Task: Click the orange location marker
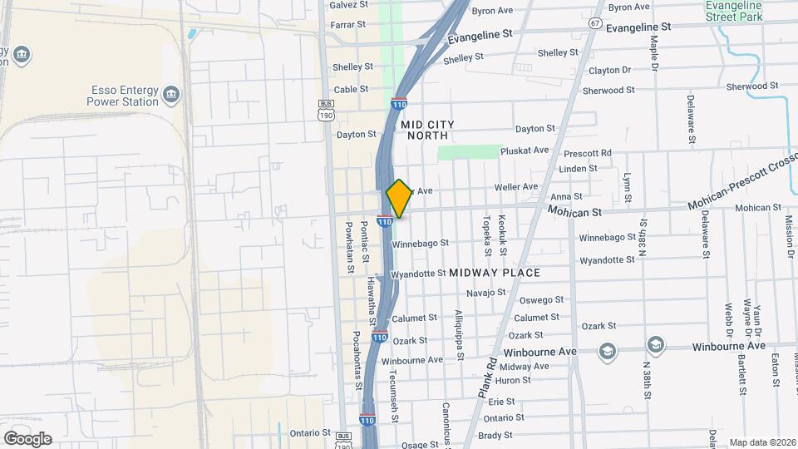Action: tap(399, 198)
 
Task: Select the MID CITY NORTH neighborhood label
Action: tap(424, 129)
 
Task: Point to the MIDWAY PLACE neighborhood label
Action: tap(495, 273)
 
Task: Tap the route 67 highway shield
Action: tap(595, 23)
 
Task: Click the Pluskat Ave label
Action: tap(530, 150)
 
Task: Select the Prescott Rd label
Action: tap(587, 153)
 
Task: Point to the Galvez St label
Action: tap(348, 5)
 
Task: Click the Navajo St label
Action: tap(486, 293)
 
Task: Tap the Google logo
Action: tap(27, 438)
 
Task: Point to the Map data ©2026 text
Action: tap(762, 442)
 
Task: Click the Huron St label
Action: tap(515, 380)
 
